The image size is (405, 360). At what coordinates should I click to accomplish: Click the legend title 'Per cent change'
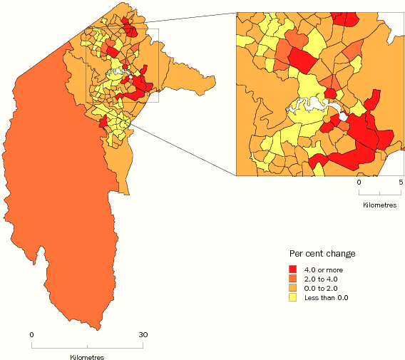pos(322,254)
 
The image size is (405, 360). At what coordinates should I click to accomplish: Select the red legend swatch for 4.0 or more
pos(292,269)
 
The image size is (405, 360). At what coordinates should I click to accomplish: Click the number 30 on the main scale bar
pos(143,334)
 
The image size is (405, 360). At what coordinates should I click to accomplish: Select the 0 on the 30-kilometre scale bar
pos(31,334)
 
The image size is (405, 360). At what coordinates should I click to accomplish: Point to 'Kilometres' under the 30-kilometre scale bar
pos(87,356)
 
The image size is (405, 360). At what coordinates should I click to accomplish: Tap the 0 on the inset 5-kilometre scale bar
pos(359,182)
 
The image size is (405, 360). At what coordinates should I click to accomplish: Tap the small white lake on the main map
pos(118,73)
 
